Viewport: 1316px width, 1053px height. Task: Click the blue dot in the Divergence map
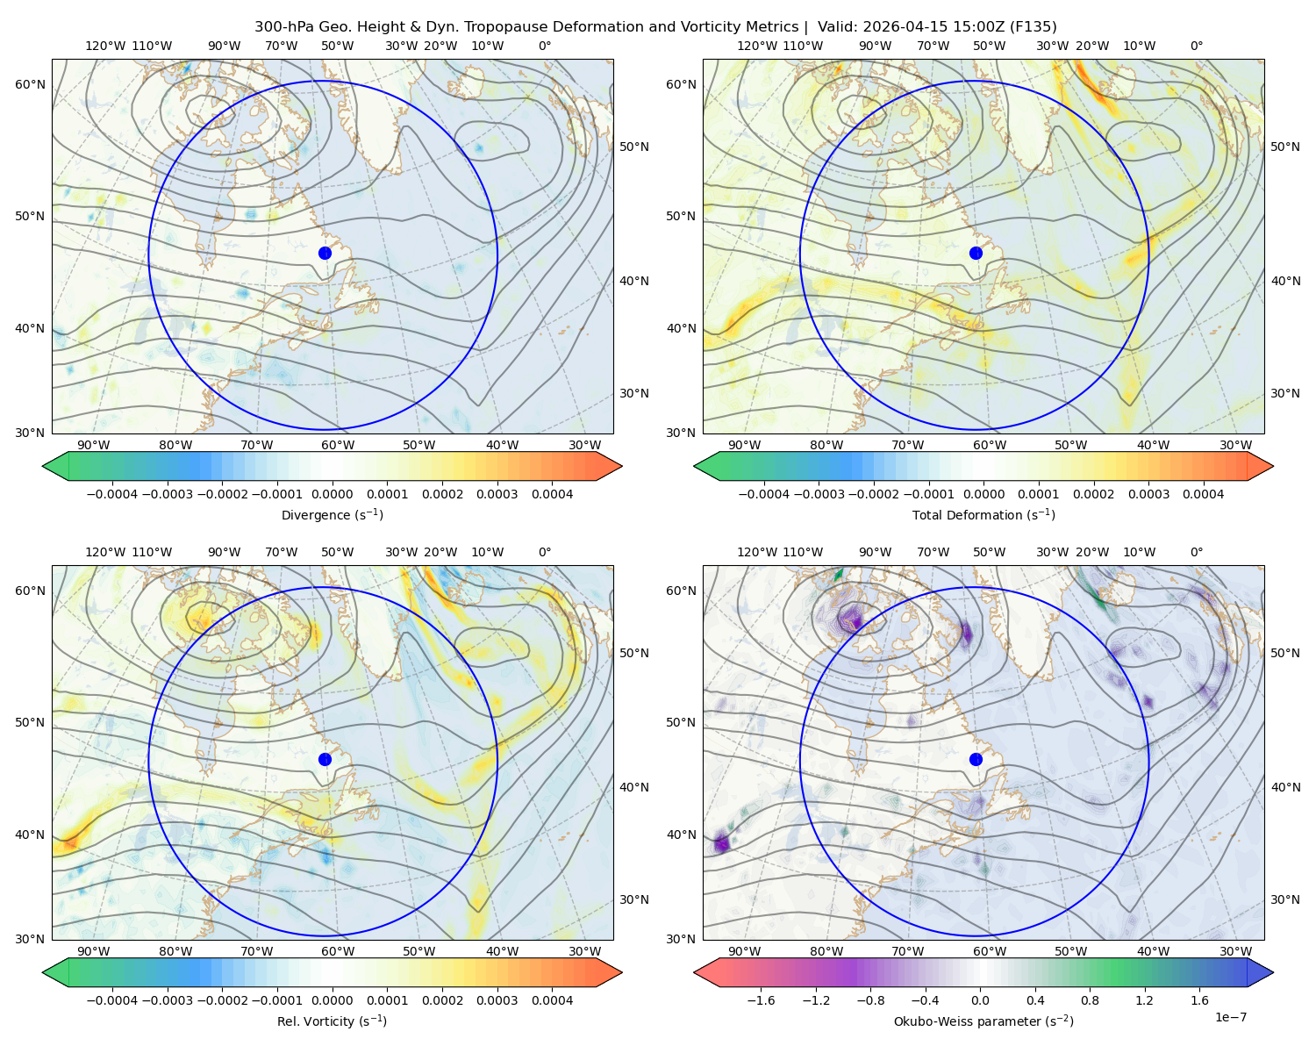[325, 253]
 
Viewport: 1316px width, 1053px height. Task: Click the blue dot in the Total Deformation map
[976, 253]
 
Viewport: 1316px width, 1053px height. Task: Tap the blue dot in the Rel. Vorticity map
[325, 759]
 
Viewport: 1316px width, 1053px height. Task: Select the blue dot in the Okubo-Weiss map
[976, 759]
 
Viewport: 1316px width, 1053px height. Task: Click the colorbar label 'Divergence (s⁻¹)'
[332, 514]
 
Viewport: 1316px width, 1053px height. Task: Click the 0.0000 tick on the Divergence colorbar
[332, 494]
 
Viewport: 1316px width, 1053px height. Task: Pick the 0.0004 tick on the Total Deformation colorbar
[1203, 494]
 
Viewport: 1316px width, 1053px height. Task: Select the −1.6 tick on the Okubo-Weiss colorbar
[761, 1000]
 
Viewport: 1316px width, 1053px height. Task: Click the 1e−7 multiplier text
[1230, 1017]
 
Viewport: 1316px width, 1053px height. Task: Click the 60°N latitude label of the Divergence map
[30, 84]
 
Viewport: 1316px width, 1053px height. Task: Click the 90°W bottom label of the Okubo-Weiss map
[744, 951]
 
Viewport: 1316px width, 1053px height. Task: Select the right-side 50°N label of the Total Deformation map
[1284, 147]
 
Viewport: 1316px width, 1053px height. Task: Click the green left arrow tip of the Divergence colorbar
[43, 466]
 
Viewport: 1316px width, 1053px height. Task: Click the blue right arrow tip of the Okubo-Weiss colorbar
[1273, 972]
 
